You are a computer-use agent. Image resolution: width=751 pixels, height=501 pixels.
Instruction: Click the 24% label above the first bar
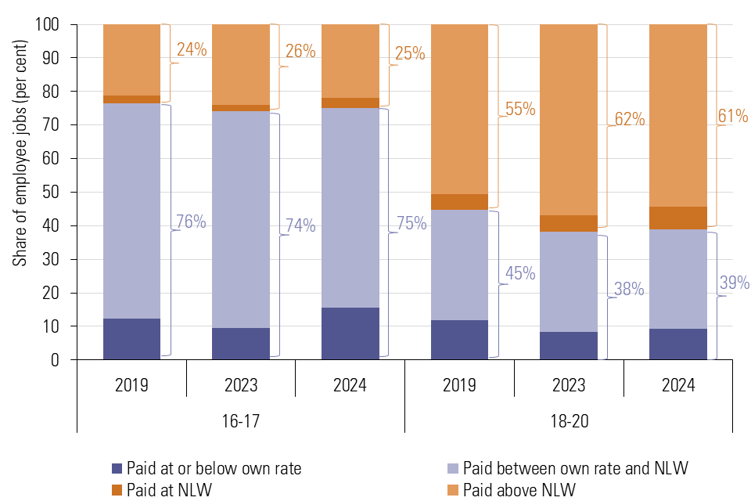(x=192, y=50)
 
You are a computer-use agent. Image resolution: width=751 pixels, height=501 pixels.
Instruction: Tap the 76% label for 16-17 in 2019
(x=191, y=222)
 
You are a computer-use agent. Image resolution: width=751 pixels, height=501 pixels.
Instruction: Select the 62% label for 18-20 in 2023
(x=629, y=120)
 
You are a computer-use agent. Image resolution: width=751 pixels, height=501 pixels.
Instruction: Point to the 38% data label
(x=629, y=289)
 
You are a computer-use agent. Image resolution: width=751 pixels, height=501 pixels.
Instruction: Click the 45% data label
(x=520, y=273)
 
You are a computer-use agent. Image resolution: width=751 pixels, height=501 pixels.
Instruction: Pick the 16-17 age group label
(x=241, y=420)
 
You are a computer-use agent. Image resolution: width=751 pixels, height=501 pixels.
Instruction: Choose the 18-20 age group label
(x=569, y=420)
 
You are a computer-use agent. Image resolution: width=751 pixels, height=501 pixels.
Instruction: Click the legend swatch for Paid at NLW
(x=117, y=490)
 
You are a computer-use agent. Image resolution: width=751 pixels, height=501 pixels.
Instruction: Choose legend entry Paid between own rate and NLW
(x=575, y=469)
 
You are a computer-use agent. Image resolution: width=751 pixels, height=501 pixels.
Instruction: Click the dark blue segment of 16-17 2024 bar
(x=350, y=333)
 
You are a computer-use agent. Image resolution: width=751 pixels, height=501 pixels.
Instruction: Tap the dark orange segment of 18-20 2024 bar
(x=678, y=218)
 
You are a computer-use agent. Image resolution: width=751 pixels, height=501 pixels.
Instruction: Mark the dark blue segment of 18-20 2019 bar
(x=459, y=340)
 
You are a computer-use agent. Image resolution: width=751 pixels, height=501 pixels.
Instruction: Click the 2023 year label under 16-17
(x=241, y=385)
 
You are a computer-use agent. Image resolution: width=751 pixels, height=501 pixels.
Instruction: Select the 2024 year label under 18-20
(x=678, y=385)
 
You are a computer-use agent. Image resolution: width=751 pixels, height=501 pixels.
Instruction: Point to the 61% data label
(x=733, y=117)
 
